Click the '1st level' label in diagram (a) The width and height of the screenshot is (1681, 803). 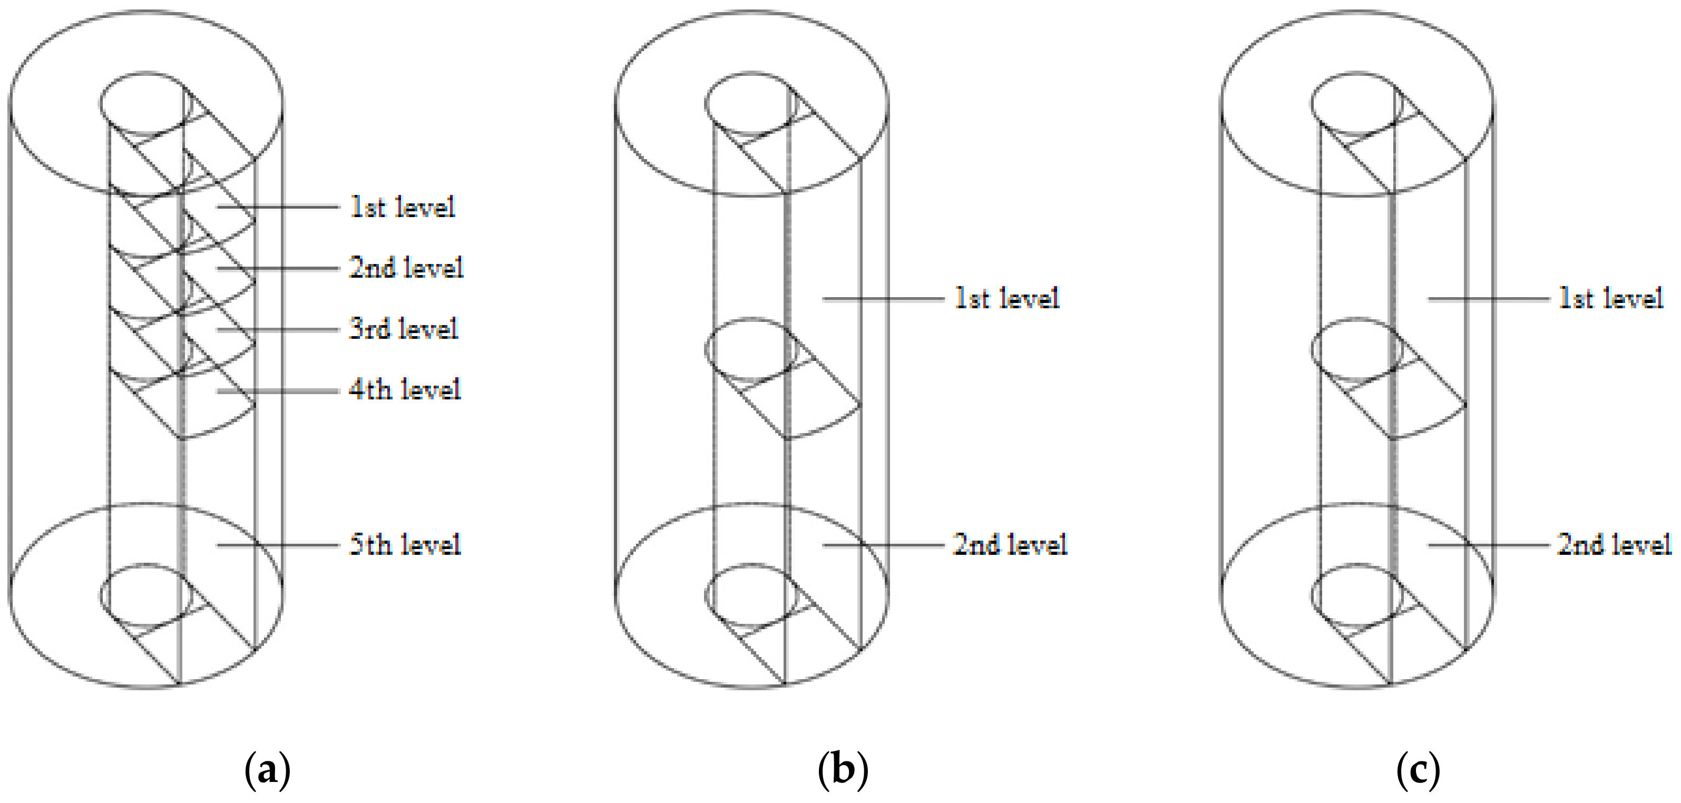402,208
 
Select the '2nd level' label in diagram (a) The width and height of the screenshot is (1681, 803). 405,268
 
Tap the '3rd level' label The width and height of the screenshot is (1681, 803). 403,329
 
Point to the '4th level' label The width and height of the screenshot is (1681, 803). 405,389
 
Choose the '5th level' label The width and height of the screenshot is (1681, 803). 405,545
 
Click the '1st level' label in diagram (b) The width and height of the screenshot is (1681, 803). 1007,299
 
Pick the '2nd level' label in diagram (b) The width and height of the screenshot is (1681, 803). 1010,545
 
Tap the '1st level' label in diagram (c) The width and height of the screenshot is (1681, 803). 1610,299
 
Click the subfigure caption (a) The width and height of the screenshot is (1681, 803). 267,771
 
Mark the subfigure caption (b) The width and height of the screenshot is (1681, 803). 843,771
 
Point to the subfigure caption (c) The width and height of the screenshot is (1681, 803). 1418,771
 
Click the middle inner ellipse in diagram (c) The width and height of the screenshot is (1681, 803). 1357,350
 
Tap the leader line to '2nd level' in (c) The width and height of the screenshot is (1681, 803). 1488,545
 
